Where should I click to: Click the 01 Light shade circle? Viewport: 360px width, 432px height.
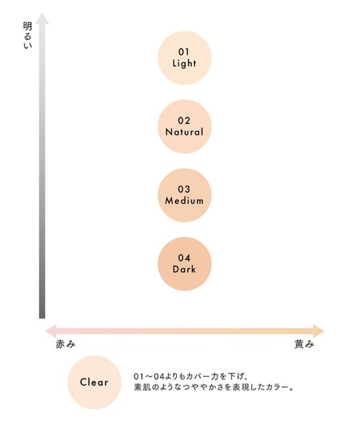(x=184, y=58)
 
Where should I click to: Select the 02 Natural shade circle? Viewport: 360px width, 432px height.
(x=184, y=127)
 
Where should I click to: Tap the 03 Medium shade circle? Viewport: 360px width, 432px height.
(x=184, y=195)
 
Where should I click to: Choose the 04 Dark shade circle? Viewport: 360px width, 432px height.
(x=184, y=264)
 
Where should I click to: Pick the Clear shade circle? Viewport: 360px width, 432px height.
(x=94, y=382)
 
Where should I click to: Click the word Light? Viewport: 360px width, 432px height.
(x=184, y=63)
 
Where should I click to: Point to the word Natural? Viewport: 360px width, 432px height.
(x=184, y=132)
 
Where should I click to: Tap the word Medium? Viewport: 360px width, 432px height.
(x=184, y=201)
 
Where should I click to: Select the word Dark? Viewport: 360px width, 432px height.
(x=184, y=269)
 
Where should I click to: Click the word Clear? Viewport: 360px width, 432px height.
(x=94, y=382)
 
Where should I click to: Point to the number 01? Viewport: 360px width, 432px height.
(x=184, y=52)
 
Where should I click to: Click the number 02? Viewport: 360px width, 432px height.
(x=184, y=120)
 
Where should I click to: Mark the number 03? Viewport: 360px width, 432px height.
(x=184, y=189)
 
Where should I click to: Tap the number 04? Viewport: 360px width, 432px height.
(x=184, y=258)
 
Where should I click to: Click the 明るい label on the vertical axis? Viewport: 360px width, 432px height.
(x=27, y=36)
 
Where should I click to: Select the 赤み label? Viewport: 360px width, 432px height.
(x=66, y=344)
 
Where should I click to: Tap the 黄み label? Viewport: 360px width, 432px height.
(x=305, y=344)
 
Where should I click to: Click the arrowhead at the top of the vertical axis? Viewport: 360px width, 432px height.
(x=42, y=19)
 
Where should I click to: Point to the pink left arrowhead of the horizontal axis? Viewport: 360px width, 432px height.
(x=51, y=331)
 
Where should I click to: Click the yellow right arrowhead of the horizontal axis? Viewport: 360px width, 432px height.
(x=319, y=331)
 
